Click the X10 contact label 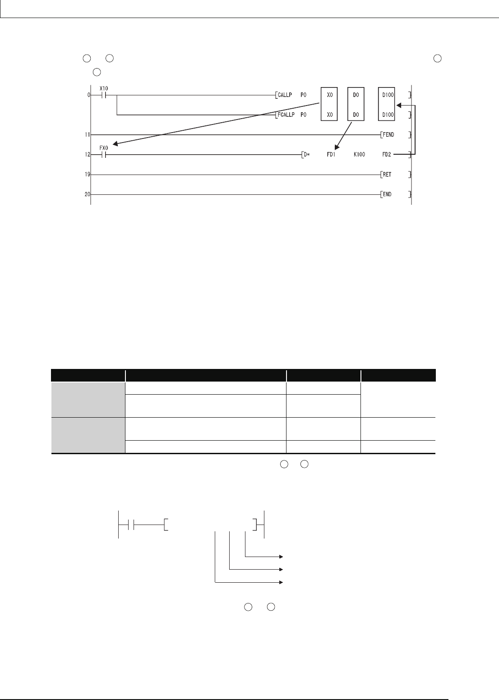[x=103, y=88]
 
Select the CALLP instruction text [x=285, y=95]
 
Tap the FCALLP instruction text [x=286, y=115]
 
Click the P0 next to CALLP [x=303, y=95]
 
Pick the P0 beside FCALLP [x=303, y=115]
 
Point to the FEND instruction [x=388, y=135]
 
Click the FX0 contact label [x=103, y=148]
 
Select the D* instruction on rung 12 [x=307, y=154]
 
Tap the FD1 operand [x=331, y=154]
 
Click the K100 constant [x=359, y=154]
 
